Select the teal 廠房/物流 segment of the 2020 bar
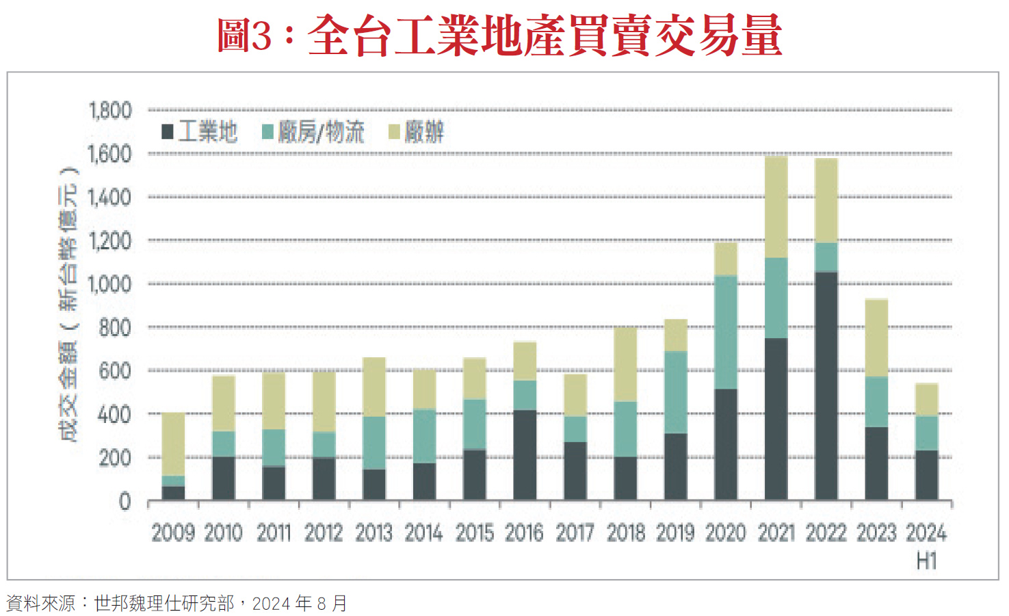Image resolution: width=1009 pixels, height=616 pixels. (x=726, y=332)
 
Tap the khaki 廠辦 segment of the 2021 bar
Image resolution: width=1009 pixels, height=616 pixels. (x=776, y=207)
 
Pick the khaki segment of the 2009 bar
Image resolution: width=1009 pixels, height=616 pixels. (x=173, y=444)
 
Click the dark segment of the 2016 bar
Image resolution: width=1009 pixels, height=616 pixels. (x=525, y=454)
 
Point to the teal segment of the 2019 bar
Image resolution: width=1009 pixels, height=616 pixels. (x=675, y=392)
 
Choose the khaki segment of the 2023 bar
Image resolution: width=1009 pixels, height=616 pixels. (x=876, y=338)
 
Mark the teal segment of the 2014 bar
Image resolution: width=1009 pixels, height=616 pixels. (x=424, y=436)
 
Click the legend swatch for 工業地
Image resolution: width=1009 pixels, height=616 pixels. (x=168, y=131)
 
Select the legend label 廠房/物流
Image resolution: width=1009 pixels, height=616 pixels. (x=321, y=131)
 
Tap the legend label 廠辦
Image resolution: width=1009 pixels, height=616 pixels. (x=424, y=131)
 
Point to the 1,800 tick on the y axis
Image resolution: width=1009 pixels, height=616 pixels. (x=110, y=110)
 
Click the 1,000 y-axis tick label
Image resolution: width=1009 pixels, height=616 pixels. (x=110, y=284)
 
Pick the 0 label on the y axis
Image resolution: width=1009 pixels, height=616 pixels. (x=125, y=502)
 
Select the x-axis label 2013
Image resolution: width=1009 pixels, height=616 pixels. (x=374, y=532)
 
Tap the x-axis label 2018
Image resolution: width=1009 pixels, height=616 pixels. (x=625, y=532)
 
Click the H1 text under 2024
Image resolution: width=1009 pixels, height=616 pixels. (x=926, y=561)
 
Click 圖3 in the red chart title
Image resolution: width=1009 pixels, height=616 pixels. (x=244, y=36)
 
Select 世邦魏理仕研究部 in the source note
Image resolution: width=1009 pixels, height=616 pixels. (x=164, y=603)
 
